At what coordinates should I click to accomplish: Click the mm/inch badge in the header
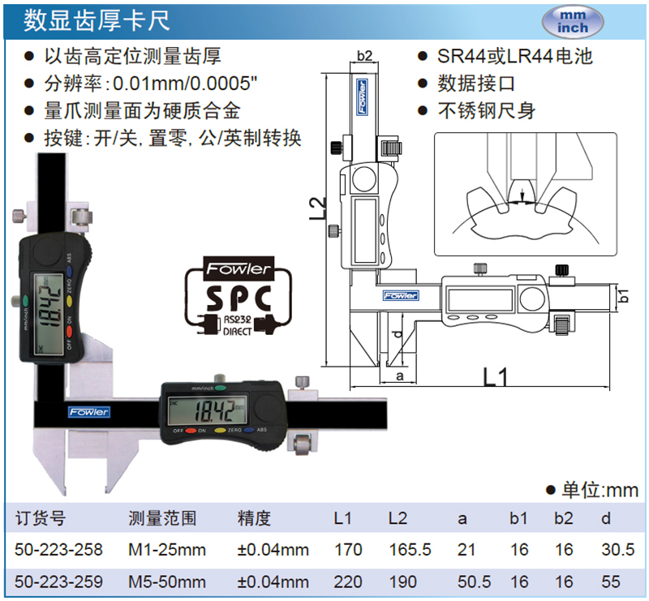(573, 20)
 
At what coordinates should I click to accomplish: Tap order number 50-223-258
(59, 550)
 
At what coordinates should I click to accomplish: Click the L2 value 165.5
(410, 550)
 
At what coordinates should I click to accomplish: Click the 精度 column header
(254, 518)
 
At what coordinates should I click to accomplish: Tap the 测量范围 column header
(163, 518)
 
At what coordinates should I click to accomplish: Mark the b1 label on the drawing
(623, 295)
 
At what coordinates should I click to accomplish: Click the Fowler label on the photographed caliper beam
(88, 412)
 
